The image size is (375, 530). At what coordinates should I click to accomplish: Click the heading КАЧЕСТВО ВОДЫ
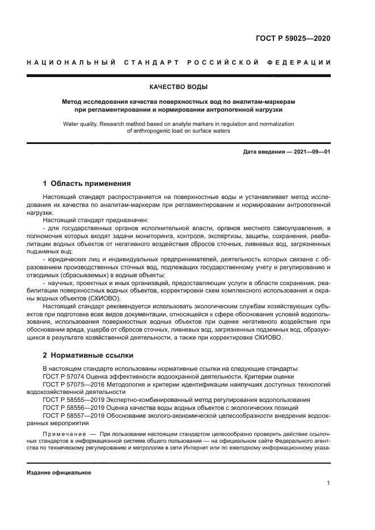click(178, 87)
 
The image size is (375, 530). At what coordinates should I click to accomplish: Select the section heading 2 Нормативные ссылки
click(88, 355)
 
